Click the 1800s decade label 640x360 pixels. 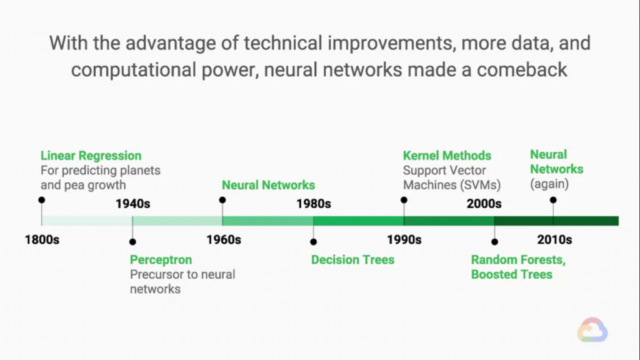[42, 239]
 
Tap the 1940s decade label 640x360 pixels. [132, 204]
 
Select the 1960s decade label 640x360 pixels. [224, 239]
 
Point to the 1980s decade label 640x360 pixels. [314, 204]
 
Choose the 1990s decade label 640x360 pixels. [404, 239]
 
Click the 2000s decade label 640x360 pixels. [484, 204]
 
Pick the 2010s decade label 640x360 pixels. [554, 239]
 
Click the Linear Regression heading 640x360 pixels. [91, 156]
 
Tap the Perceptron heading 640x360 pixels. [161, 259]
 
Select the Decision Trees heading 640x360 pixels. [352, 259]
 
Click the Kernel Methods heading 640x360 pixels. [447, 156]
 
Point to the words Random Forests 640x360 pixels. [518, 259]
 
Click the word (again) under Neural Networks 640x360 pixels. [549, 184]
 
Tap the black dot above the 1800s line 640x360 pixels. [42, 200]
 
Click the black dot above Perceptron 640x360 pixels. [132, 242]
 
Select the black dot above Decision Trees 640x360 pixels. [314, 242]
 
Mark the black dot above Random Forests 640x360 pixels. [495, 242]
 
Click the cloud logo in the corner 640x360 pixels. [592, 330]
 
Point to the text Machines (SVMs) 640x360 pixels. [452, 185]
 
